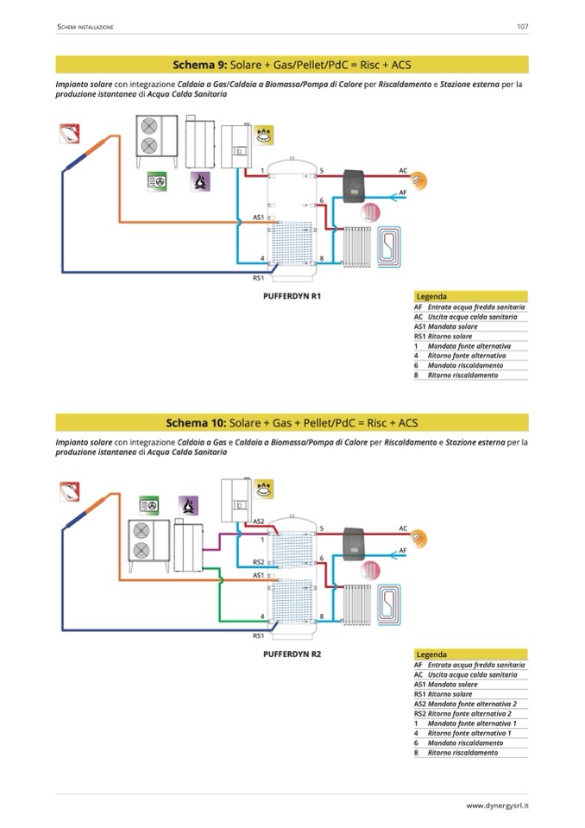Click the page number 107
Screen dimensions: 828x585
point(522,27)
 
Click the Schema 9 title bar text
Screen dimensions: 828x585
point(292,65)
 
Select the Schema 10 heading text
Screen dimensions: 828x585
point(292,422)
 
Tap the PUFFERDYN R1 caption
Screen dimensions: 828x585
point(292,295)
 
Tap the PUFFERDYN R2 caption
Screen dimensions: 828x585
point(292,654)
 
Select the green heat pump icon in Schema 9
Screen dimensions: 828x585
point(158,182)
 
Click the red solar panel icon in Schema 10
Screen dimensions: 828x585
point(70,491)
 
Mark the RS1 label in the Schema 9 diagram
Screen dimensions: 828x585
point(257,278)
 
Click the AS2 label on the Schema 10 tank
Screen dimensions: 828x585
point(258,521)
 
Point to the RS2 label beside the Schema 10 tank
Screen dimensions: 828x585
point(258,562)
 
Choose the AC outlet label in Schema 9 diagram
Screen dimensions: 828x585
point(403,171)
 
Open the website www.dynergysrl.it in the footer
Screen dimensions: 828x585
point(497,806)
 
